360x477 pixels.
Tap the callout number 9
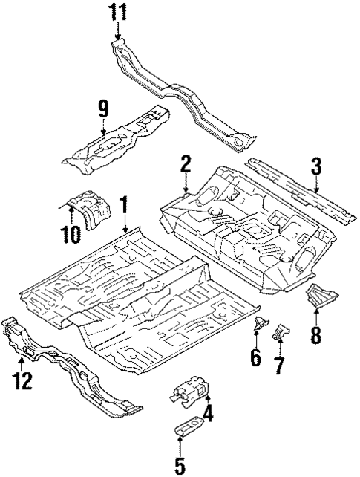104,108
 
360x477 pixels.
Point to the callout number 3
316,167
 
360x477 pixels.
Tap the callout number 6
255,357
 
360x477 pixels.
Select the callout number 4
208,413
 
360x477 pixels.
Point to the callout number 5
179,465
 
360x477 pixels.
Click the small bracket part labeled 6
261,325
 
